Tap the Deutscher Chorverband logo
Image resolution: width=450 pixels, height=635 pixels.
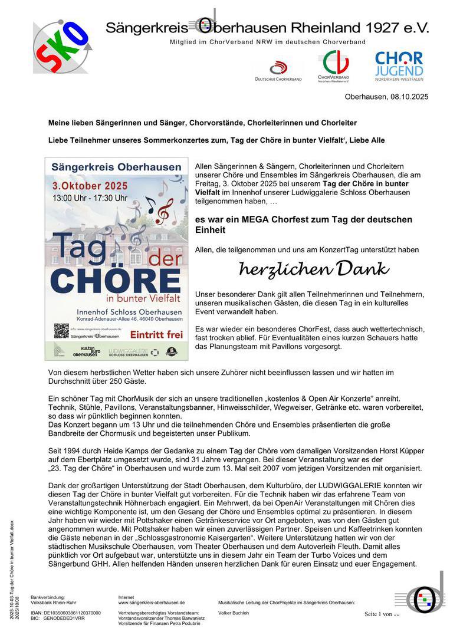coord(278,70)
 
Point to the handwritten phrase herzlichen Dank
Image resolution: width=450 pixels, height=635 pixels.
coord(314,269)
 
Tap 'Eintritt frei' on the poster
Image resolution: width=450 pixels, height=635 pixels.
coord(156,334)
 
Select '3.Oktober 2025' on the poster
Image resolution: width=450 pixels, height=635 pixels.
coord(90,185)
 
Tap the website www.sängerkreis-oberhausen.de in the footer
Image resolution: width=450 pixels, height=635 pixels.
coord(152,603)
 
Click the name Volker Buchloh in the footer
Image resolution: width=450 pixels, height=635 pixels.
coord(234,613)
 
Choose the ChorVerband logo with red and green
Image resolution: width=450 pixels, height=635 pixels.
coord(334,65)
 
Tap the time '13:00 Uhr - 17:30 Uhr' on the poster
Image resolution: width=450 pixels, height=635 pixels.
coord(90,198)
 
